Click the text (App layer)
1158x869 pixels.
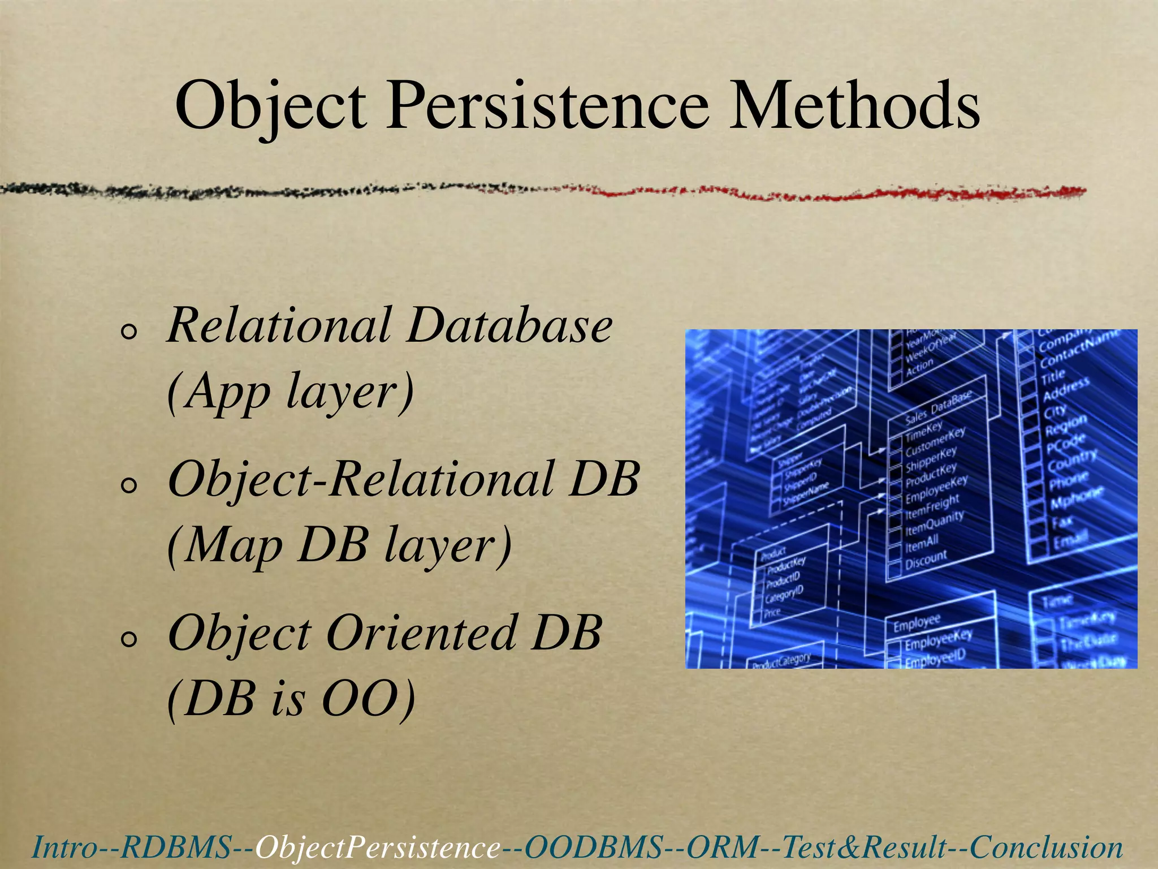pyautogui.click(x=291, y=392)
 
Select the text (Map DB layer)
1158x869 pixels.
pyautogui.click(x=339, y=545)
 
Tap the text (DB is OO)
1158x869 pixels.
pyautogui.click(x=291, y=699)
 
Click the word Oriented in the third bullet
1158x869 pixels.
pyautogui.click(x=421, y=634)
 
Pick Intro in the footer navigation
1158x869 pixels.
pyautogui.click(x=64, y=847)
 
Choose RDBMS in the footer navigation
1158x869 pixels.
pyautogui.click(x=176, y=847)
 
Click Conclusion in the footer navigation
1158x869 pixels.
pyautogui.click(x=1046, y=847)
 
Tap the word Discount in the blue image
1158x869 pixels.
pyautogui.click(x=926, y=560)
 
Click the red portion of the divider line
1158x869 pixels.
pyautogui.click(x=848, y=193)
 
